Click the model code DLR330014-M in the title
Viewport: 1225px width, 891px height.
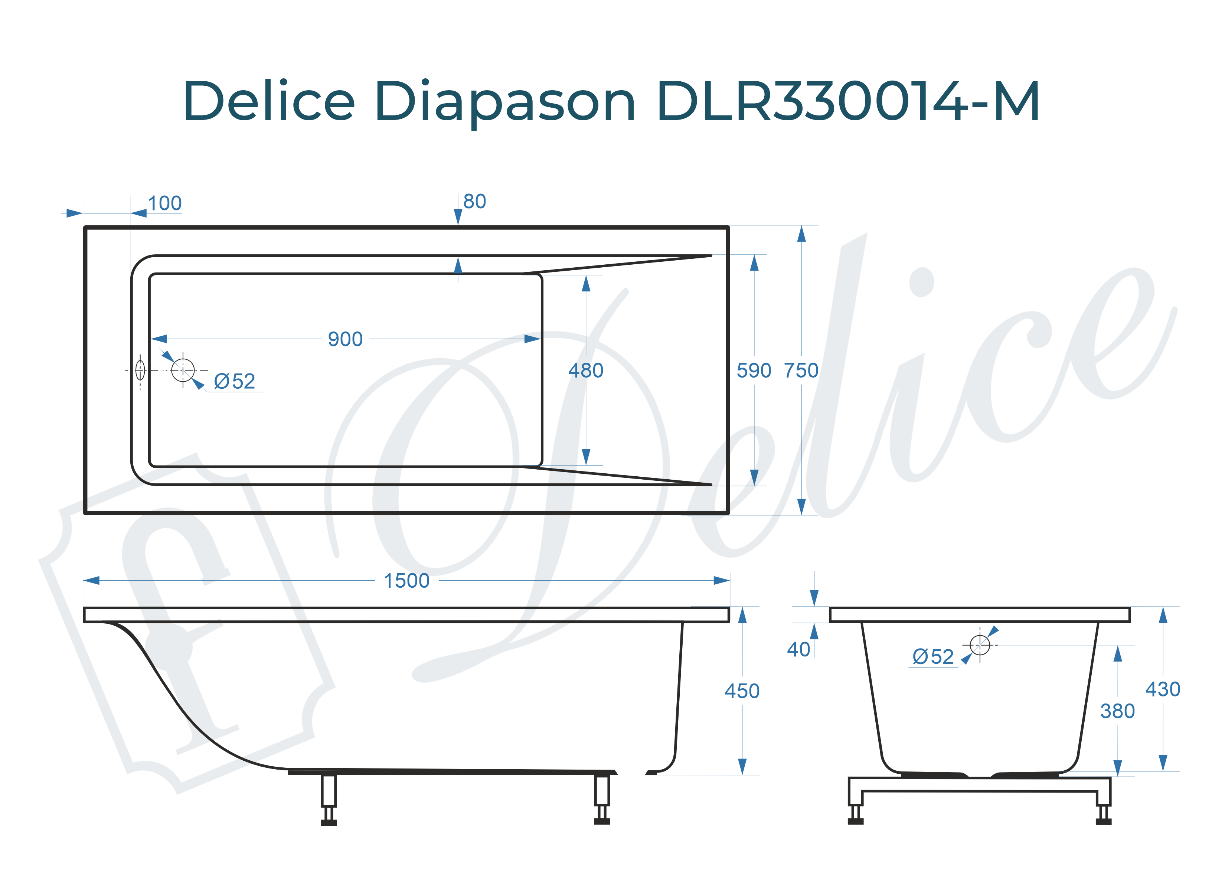847,101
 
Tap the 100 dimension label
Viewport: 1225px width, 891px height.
165,204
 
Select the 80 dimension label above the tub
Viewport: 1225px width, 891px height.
474,202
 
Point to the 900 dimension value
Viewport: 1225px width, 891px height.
345,339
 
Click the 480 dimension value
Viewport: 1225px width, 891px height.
585,371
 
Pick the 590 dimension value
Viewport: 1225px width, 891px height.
754,371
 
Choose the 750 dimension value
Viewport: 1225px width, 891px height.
801,371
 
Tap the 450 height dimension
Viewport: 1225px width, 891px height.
742,691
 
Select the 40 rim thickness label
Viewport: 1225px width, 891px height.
798,649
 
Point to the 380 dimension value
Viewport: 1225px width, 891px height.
1117,711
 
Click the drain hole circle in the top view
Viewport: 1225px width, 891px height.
183,371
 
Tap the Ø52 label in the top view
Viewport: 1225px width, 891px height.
234,382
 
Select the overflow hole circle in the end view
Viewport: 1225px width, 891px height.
979,644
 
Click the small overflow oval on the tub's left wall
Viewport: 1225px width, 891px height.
140,371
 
